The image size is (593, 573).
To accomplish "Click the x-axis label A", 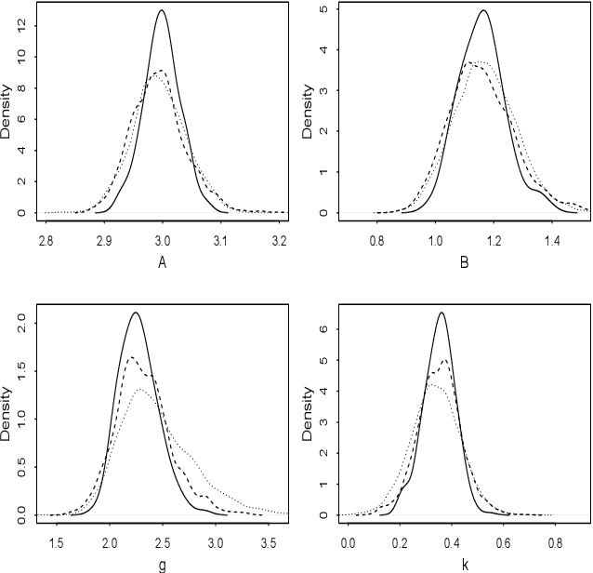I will [162, 261].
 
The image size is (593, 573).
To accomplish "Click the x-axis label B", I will [465, 261].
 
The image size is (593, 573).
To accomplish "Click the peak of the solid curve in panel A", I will [163, 10].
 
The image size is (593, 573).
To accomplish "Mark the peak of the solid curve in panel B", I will [483, 10].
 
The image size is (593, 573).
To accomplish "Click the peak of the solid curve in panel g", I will [136, 313].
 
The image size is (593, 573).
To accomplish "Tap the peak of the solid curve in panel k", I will [441, 313].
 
